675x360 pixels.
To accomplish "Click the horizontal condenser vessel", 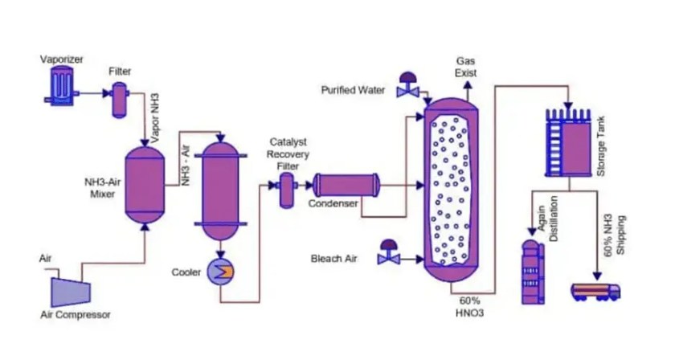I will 346,186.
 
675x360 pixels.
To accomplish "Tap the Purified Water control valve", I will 407,88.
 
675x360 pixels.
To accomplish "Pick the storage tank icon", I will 571,142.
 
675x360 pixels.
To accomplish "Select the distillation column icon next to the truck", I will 530,272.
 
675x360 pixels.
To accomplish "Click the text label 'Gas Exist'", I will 466,67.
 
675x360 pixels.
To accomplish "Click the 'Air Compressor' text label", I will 76,314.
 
